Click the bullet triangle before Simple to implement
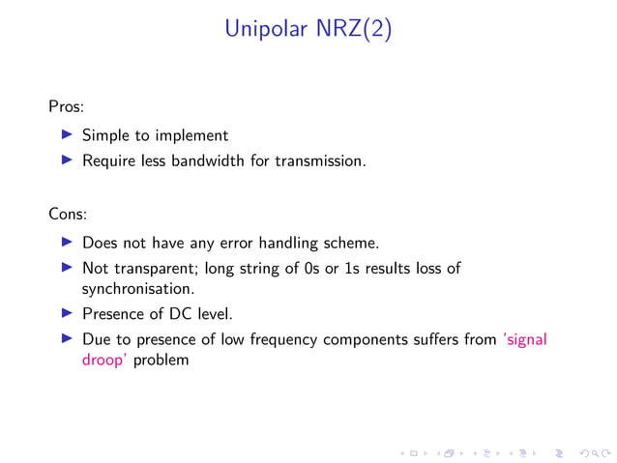[67, 135]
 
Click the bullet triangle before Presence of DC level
[67, 313]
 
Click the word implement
[192, 136]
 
